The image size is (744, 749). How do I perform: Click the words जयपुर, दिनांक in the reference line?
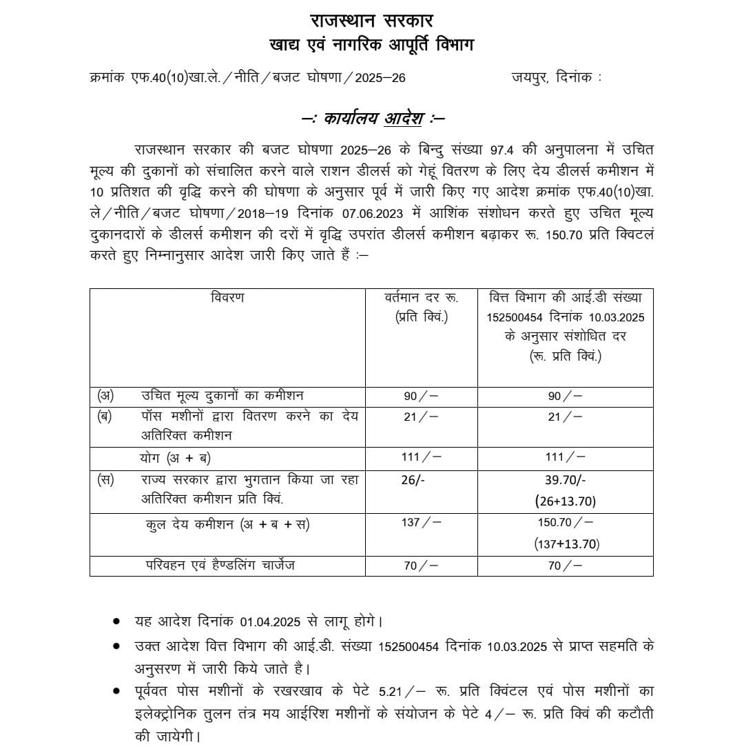[556, 78]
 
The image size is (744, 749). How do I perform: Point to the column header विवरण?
[227, 299]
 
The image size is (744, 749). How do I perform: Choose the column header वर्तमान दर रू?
[421, 299]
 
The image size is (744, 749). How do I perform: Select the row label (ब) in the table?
[105, 417]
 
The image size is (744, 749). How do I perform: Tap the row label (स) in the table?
[105, 480]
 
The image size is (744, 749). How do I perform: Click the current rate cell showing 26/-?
[413, 480]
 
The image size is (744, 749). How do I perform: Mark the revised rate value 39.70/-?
[565, 480]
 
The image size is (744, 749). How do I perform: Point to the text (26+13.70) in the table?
[565, 501]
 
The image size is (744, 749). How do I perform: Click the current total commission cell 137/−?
[420, 523]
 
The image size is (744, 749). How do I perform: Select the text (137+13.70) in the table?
[566, 544]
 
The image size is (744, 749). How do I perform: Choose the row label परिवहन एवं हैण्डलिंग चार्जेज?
[220, 566]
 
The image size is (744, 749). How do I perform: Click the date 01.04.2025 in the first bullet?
[270, 621]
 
